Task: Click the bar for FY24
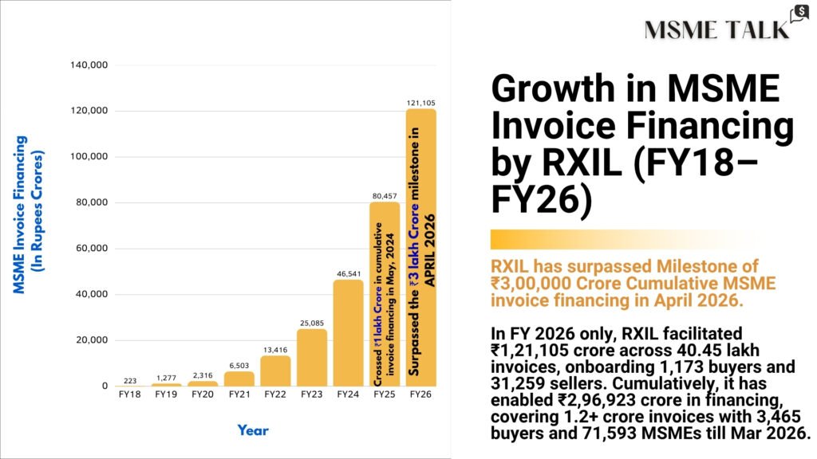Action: point(348,333)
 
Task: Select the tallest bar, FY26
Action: point(421,247)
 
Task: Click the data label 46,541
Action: point(348,273)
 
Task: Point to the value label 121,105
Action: point(421,103)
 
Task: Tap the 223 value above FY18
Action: point(130,379)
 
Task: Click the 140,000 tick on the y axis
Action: point(89,65)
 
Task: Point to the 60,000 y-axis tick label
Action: point(92,249)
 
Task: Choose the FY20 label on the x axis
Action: point(203,394)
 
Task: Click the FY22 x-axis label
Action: point(275,394)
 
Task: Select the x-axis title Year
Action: point(253,430)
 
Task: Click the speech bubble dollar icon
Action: point(798,15)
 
